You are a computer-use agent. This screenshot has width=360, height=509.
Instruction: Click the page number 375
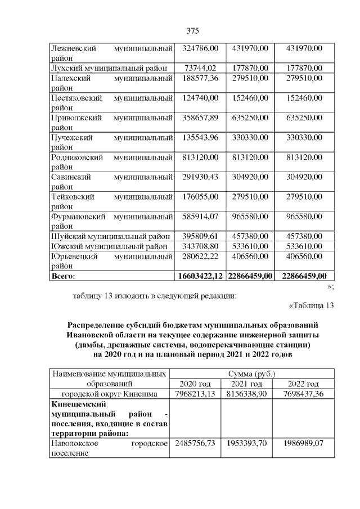pos(192,30)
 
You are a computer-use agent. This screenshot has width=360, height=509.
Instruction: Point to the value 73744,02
pos(201,68)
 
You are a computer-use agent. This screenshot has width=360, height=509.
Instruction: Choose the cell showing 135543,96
pos(201,137)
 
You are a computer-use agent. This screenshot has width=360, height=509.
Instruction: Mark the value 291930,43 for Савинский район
pos(201,177)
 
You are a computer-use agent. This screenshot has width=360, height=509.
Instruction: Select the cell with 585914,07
pos(201,216)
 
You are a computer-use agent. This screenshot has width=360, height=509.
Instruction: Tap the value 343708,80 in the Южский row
pos(201,246)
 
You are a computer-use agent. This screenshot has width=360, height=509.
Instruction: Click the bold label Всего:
pos(63,276)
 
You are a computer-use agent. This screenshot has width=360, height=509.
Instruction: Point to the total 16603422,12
pos(201,276)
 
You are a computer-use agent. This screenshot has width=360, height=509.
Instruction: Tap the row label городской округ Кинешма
pos(110,393)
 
